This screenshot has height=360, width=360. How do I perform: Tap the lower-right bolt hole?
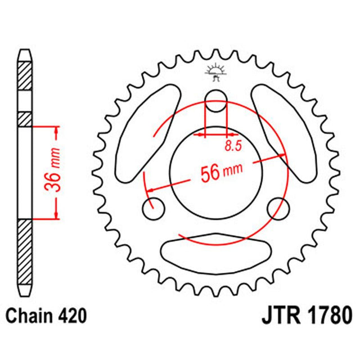pos(278,209)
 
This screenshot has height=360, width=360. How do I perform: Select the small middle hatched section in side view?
pos(25,119)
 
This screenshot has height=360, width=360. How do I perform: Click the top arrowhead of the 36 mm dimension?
pos(57,131)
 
